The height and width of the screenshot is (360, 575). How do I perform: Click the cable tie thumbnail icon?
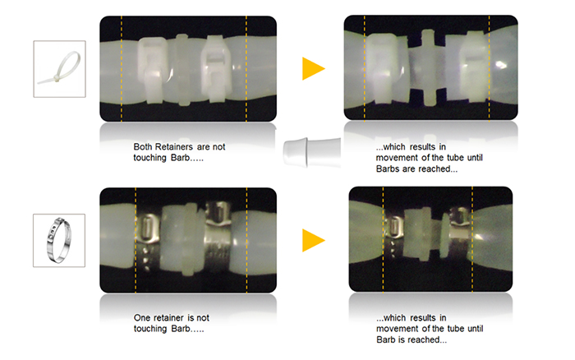(59, 69)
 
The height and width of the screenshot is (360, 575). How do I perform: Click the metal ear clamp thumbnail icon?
(59, 240)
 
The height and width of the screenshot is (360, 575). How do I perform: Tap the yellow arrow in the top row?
(312, 68)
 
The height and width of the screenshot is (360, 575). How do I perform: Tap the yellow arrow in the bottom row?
(312, 240)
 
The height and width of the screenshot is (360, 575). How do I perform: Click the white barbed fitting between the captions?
(311, 152)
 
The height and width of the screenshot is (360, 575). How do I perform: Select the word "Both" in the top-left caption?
(143, 147)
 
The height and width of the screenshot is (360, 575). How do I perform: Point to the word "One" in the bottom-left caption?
(142, 318)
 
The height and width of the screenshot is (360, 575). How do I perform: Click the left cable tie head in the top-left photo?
(152, 69)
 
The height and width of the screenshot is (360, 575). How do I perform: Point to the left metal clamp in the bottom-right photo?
(394, 235)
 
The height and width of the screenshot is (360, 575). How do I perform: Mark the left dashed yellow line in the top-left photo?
(122, 68)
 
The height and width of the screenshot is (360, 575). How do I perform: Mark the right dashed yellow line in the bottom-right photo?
(472, 239)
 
